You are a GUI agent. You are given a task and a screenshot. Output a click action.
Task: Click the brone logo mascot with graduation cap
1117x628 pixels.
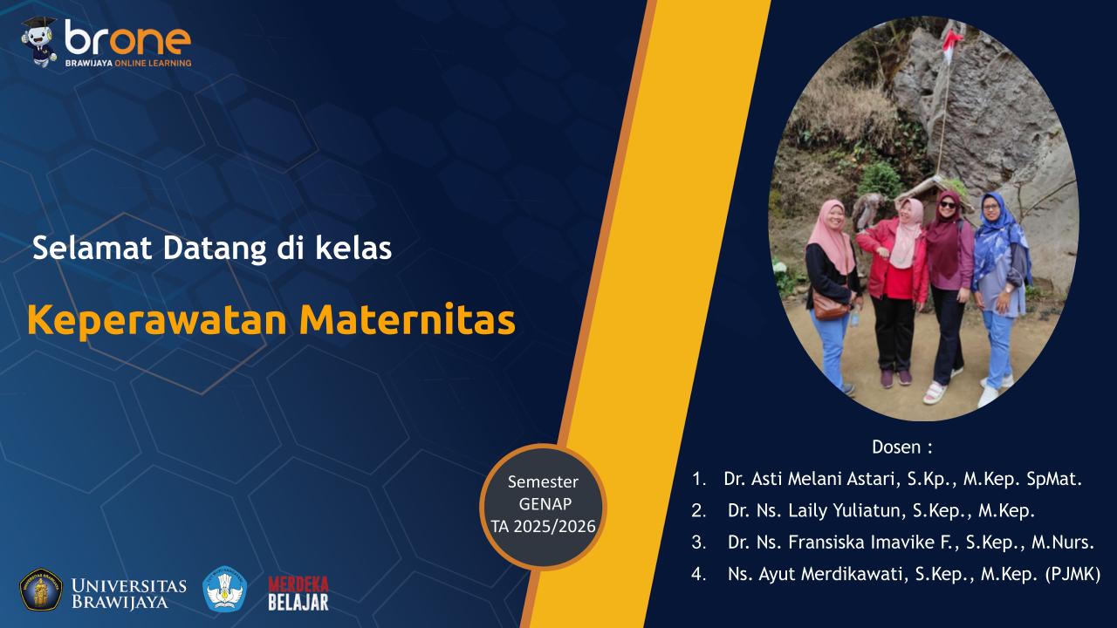[x=38, y=41]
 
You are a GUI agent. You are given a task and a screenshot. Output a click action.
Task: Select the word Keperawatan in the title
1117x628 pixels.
[x=157, y=320]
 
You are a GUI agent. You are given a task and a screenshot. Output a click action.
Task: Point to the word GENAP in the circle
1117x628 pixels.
[x=543, y=504]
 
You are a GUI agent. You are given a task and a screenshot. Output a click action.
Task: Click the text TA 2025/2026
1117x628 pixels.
[x=543, y=526]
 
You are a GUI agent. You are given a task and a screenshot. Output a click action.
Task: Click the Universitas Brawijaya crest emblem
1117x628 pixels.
[x=41, y=590]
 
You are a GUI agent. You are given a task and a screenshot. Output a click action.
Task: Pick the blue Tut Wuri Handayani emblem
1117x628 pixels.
[x=225, y=590]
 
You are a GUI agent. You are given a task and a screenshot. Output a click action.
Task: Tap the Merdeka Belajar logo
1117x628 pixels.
[x=298, y=592]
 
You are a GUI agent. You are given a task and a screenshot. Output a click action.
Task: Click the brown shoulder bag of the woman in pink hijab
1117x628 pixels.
[x=830, y=307]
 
